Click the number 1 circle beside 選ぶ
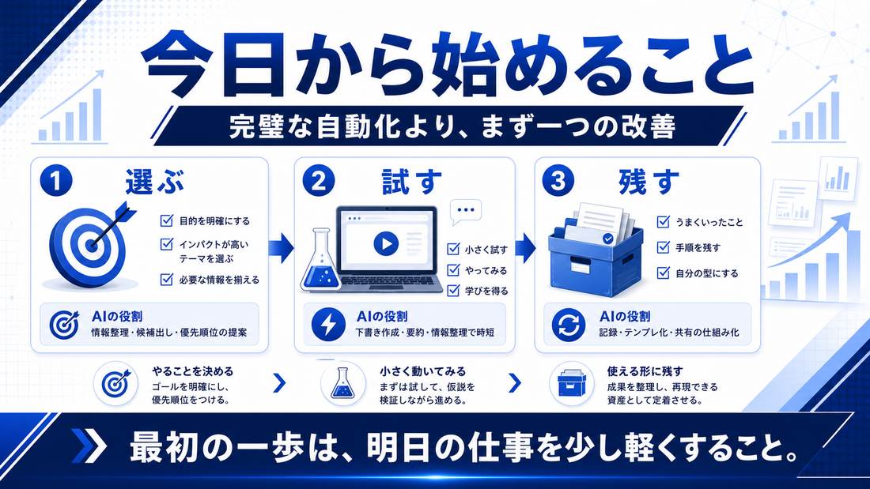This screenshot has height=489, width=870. click(56, 181)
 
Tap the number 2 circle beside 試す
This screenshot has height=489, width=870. click(319, 181)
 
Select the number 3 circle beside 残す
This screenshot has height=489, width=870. click(558, 181)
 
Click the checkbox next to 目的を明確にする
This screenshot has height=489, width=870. click(166, 220)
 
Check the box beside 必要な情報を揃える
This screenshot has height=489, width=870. click(166, 279)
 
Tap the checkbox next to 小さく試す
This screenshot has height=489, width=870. click(453, 249)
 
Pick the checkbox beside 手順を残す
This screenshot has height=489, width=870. click(663, 247)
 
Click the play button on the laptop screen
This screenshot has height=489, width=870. click(386, 243)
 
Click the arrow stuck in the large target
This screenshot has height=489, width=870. click(113, 224)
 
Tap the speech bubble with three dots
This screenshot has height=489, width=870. click(465, 211)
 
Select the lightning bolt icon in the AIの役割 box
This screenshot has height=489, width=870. click(328, 325)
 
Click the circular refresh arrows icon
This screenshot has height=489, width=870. click(569, 325)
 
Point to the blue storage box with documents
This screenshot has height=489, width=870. click(596, 250)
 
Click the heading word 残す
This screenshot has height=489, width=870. click(649, 181)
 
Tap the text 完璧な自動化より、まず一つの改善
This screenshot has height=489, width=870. click(452, 126)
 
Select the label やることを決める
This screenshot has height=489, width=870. click(192, 371)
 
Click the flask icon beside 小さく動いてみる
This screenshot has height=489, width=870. click(342, 383)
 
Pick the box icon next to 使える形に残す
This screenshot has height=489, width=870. click(572, 383)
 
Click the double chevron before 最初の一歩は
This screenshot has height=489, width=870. click(89, 446)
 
